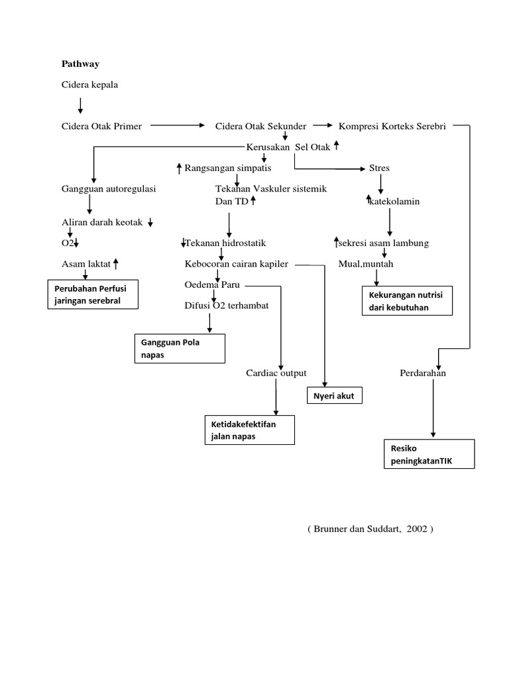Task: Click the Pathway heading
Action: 80,64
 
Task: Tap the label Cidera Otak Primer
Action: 101,126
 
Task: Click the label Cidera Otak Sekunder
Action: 260,126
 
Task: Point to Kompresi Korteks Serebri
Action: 392,126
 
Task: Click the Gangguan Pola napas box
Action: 180,349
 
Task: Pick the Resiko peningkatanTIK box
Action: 428,454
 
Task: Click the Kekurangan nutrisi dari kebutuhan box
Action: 406,301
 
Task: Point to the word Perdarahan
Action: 423,373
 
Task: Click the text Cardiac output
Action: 276,373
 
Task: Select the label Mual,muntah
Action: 365,264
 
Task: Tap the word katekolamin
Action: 396,201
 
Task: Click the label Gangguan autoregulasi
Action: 108,189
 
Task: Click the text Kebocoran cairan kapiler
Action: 237,264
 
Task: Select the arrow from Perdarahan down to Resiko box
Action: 433,408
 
